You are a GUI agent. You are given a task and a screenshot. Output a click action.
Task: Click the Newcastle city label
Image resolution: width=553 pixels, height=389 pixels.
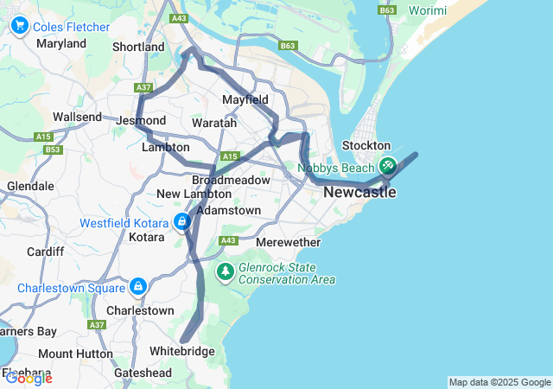coord(359,193)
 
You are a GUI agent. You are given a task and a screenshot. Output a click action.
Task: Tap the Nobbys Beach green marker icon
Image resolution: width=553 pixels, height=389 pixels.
coord(388,164)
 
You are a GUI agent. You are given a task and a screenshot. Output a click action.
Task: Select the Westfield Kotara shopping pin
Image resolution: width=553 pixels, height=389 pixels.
coord(182,222)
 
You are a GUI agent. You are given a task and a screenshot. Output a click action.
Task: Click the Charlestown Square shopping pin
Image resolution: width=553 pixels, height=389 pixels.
coord(138,286)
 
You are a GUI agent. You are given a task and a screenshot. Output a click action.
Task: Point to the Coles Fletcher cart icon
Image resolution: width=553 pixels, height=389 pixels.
coord(20,26)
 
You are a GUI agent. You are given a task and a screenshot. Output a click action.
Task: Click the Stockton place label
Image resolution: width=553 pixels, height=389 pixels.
coord(366,146)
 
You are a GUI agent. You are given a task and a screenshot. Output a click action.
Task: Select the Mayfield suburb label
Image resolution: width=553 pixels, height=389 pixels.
coord(245,100)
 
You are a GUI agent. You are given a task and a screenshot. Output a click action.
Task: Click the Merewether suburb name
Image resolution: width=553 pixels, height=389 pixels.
coord(289,243)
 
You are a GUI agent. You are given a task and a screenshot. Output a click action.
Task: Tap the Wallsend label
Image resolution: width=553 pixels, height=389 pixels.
coord(77,117)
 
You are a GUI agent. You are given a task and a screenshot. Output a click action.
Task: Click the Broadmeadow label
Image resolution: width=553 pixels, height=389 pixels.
coord(226,180)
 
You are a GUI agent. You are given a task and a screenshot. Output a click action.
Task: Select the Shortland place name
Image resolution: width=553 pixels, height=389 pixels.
coord(138,47)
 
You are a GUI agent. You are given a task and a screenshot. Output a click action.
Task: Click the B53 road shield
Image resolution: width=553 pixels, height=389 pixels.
coord(54,150)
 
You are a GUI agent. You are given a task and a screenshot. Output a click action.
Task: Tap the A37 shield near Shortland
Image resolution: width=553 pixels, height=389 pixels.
coord(143,87)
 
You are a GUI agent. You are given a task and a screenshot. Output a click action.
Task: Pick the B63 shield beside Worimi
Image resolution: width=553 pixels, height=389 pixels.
coord(387,10)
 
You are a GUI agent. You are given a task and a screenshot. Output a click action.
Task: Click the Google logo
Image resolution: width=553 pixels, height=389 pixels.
coord(29,378)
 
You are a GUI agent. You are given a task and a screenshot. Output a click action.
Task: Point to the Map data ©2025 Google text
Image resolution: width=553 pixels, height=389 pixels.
coord(499,382)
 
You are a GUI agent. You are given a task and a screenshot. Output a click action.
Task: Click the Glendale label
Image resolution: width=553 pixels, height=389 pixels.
coord(30,186)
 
